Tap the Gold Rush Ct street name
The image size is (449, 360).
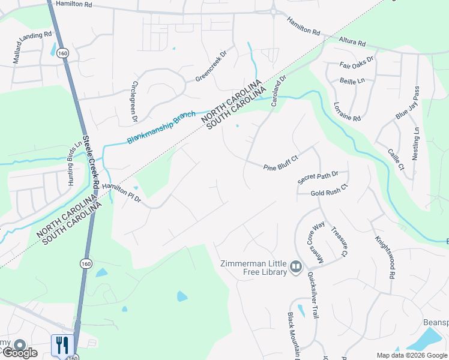point(329,193)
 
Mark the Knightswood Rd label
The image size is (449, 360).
point(385,256)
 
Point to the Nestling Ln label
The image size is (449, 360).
point(415,143)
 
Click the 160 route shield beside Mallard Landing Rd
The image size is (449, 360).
point(63,53)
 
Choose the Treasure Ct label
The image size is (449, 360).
point(339,241)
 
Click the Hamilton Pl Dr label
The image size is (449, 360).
point(121,192)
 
